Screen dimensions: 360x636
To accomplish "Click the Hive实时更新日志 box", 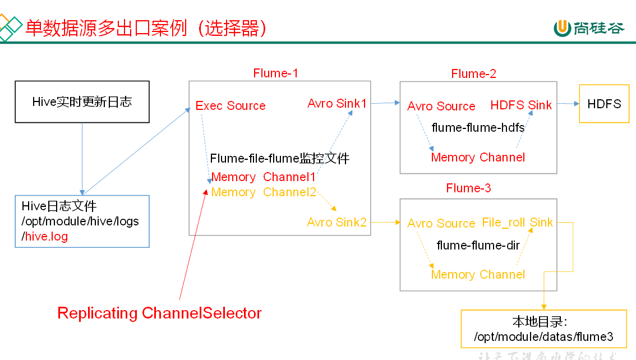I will coord(82,101).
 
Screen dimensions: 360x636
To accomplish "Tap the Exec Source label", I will coord(231,106).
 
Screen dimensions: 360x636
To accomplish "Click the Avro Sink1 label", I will coord(337,104).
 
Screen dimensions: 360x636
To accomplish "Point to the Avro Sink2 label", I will coord(337,223).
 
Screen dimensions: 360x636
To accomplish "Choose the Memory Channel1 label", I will coord(264,177).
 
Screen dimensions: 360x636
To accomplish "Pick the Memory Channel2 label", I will coord(264,192).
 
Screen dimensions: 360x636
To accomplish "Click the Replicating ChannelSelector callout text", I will coord(159,313).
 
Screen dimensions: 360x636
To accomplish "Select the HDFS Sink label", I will coord(521,105).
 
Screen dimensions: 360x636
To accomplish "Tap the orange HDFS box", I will coord(604,104).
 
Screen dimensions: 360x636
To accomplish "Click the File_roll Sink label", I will coord(517,223).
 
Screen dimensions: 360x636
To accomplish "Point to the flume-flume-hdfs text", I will coord(478,128).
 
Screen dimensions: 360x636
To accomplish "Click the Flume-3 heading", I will coord(468,188).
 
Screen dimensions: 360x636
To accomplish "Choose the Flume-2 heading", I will coord(473,74).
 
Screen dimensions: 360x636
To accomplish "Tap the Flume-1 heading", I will coord(275,73).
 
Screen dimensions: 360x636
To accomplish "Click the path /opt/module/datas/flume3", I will coord(543,337).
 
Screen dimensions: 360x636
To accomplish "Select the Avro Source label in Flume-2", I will coord(441,107).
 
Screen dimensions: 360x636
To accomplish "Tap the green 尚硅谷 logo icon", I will coord(562,27).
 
